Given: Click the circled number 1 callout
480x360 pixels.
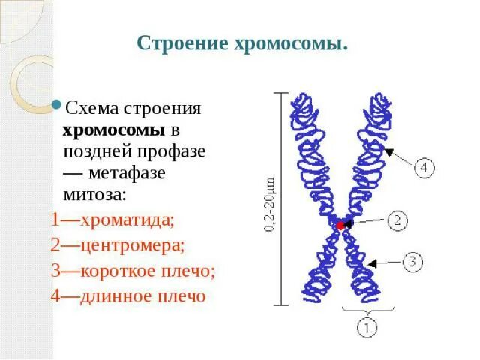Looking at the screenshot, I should click(x=367, y=328).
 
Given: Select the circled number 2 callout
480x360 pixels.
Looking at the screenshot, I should click(x=397, y=220).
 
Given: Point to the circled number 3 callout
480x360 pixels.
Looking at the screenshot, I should click(x=415, y=262).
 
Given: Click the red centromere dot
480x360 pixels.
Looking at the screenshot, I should click(x=340, y=224).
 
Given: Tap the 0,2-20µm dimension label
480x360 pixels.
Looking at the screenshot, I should click(x=270, y=206).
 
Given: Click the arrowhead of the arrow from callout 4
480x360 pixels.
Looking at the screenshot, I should click(x=385, y=150).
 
